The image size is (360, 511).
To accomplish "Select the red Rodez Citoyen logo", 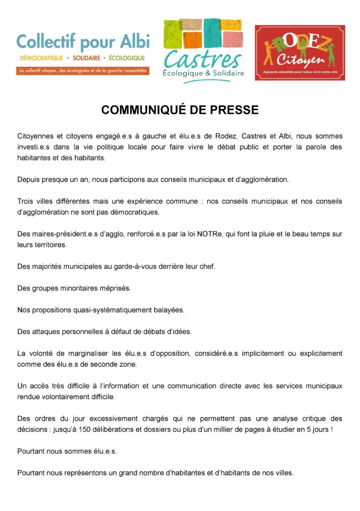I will coord(299,53).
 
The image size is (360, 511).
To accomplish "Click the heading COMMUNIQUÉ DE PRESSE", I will coord(180,110).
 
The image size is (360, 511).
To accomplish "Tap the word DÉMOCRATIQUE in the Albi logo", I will coord(41,58).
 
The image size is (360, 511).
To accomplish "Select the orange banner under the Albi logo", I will coord(82,71).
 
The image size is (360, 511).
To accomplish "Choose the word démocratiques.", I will coord(136,212).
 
